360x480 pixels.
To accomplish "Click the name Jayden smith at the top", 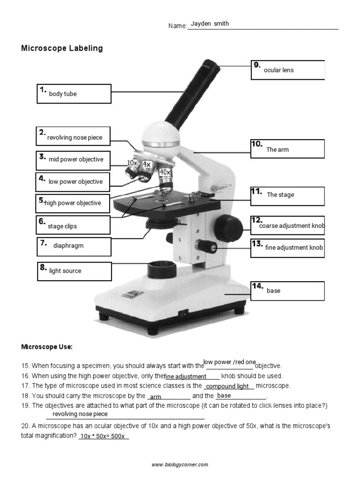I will [x=210, y=24].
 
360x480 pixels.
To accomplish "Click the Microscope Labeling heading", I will [x=62, y=48].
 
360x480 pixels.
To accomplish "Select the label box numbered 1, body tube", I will [x=74, y=94].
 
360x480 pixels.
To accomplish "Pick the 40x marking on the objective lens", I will [x=165, y=172].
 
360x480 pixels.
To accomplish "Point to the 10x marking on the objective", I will [x=132, y=163].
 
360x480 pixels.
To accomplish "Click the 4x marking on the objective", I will [x=146, y=165].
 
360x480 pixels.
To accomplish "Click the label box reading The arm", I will [x=287, y=149].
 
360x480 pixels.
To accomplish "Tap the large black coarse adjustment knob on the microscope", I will [x=231, y=227].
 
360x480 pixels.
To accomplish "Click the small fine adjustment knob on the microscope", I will [x=207, y=246].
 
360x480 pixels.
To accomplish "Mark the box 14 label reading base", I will [x=287, y=291].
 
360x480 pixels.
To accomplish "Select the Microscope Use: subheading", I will [x=47, y=347].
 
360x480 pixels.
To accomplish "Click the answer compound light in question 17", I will [x=228, y=387].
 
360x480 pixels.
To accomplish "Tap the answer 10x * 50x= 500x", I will [x=102, y=436].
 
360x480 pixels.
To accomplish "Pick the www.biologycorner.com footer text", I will [x=180, y=465].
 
